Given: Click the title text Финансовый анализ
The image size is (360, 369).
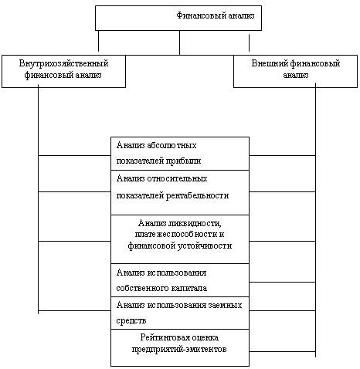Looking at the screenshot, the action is (x=216, y=15).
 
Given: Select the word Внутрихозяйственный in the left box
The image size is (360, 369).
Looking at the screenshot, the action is (x=63, y=63).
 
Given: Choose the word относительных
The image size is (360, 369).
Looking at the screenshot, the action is (x=177, y=178).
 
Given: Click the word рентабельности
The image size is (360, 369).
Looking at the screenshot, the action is (x=197, y=195).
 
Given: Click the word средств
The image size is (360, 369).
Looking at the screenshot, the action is (x=131, y=321).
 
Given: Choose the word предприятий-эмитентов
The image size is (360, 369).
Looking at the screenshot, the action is (x=179, y=350).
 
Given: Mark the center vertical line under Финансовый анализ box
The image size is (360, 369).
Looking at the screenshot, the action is (x=179, y=42).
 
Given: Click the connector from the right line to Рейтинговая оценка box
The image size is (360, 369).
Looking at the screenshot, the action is (x=283, y=351).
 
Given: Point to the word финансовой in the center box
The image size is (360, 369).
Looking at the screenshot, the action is (x=148, y=245).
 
